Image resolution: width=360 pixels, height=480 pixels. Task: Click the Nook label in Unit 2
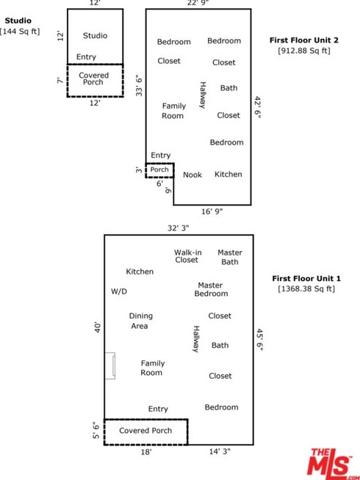click(x=192, y=175)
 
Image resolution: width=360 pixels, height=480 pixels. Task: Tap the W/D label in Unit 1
click(x=119, y=291)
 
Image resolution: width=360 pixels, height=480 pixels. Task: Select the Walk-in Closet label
click(x=188, y=256)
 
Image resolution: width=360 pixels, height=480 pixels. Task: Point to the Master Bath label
click(x=230, y=257)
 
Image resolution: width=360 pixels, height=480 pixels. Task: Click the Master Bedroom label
click(x=211, y=289)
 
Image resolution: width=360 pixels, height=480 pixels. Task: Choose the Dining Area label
click(x=140, y=321)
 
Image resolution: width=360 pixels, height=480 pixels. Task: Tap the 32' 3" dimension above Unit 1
click(x=179, y=228)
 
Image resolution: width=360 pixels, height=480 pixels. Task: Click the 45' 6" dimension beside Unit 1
click(x=259, y=340)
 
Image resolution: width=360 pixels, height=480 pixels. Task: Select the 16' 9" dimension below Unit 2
click(x=212, y=211)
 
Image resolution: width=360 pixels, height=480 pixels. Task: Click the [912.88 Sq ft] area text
click(x=304, y=51)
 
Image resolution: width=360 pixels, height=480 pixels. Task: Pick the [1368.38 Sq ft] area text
click(x=306, y=288)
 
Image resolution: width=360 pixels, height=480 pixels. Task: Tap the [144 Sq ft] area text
click(x=20, y=32)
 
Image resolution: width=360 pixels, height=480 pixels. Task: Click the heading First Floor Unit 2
click(x=304, y=40)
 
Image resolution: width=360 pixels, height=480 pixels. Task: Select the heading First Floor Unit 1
click(x=306, y=279)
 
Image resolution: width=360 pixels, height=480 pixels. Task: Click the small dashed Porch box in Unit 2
click(x=159, y=170)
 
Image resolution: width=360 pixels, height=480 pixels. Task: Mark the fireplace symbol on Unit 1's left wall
click(x=110, y=366)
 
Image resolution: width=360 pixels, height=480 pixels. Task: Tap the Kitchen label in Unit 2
click(x=228, y=174)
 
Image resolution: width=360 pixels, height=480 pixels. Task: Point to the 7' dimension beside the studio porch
click(x=60, y=80)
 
